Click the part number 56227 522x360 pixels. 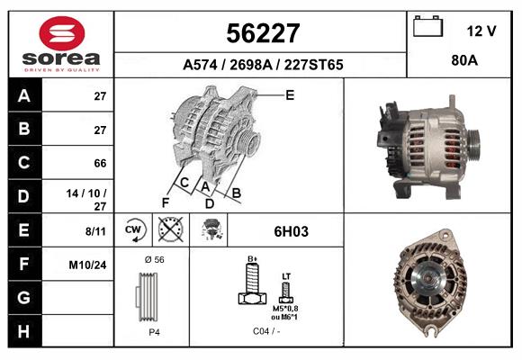click(x=261, y=33)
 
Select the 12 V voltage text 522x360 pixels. click(x=481, y=31)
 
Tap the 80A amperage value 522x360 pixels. click(x=463, y=64)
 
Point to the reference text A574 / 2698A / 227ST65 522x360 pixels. click(x=262, y=65)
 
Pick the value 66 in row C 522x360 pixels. click(x=100, y=164)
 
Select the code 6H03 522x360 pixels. click(x=291, y=231)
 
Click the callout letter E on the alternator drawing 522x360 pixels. click(x=290, y=94)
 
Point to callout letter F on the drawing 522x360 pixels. click(x=165, y=202)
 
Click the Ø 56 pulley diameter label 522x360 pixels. click(x=153, y=259)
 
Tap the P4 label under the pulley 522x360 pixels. click(x=154, y=332)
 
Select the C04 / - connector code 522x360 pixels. click(x=265, y=332)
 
